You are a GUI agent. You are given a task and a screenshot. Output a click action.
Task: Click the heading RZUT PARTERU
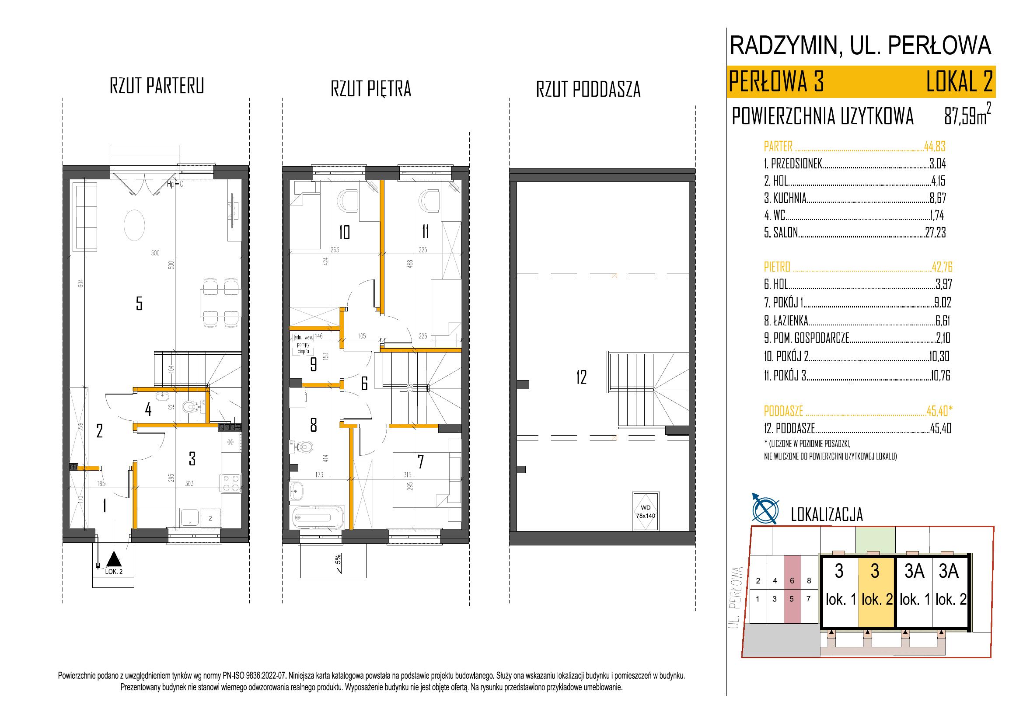point(157,86)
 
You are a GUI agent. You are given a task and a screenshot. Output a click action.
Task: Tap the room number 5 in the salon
point(139,304)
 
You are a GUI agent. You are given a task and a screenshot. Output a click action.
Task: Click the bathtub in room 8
point(317,517)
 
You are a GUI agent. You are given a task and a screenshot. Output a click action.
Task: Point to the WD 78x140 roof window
point(645,511)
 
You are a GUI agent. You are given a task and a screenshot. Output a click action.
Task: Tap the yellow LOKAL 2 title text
point(959,81)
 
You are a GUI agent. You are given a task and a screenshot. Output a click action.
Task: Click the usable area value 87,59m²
point(965,116)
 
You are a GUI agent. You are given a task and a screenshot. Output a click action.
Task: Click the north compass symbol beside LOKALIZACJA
point(765,509)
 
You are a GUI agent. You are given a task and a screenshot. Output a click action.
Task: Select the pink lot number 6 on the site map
point(792,580)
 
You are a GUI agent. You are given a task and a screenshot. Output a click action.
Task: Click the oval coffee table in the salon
point(134,225)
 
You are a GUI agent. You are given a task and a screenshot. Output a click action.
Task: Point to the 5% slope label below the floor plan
point(338,559)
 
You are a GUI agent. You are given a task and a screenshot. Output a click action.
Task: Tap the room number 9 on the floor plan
point(313,365)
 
